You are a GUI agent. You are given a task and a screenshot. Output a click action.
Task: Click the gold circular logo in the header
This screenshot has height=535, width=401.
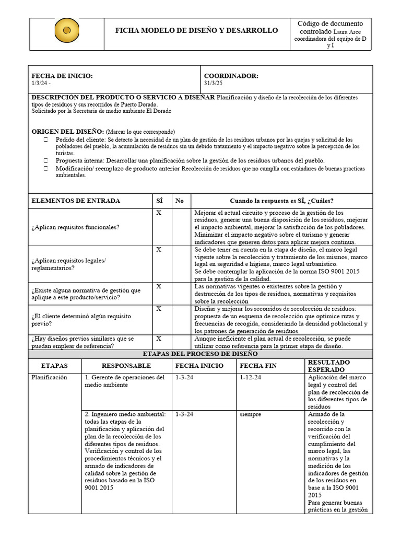(x=67, y=30)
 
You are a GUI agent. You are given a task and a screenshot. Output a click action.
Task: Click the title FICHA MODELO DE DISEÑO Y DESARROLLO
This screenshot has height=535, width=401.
(x=196, y=31)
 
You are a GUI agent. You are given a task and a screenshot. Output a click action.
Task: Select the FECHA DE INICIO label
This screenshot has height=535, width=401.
(x=62, y=76)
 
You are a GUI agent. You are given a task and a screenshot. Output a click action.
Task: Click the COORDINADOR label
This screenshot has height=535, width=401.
(x=231, y=76)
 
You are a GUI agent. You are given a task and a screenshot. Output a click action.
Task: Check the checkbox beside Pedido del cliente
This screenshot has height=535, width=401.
(x=46, y=140)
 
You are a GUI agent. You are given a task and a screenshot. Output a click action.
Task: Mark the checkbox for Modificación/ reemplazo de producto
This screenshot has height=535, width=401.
(x=46, y=169)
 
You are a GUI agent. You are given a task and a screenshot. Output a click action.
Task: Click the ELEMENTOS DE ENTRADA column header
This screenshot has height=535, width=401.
(x=76, y=201)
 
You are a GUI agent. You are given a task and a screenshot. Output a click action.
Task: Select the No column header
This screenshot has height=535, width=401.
(x=180, y=201)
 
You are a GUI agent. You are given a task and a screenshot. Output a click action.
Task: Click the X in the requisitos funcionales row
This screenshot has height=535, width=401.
(x=159, y=213)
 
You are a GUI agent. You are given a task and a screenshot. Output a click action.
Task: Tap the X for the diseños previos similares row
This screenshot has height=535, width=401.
(x=159, y=339)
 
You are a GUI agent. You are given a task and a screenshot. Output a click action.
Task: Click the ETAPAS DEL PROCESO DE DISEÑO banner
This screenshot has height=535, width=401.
(x=200, y=354)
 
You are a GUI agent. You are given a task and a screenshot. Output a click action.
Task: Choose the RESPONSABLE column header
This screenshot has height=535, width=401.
(x=126, y=366)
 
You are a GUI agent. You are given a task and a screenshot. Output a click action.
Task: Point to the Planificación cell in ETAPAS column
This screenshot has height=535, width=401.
(x=50, y=377)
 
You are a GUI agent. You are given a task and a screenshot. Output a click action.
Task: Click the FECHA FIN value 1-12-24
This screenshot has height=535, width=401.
(x=251, y=377)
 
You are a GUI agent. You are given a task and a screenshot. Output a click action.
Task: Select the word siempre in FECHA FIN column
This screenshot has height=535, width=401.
(x=251, y=414)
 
